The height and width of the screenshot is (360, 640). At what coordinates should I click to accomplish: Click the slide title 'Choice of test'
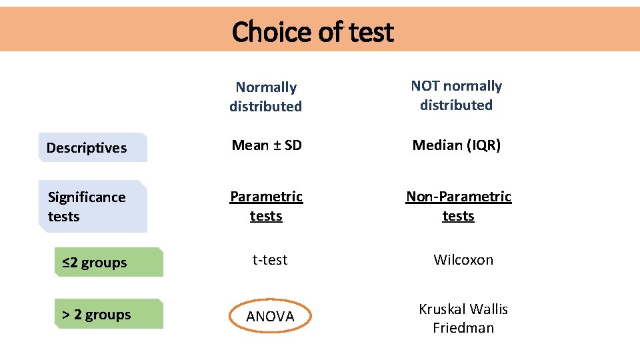313,31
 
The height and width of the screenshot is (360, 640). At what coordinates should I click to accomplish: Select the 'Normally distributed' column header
266,97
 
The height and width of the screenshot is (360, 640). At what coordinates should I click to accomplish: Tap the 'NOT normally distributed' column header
457,95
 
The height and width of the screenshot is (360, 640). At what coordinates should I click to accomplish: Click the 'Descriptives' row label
87,148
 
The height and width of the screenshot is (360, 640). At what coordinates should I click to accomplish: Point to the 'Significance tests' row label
87,207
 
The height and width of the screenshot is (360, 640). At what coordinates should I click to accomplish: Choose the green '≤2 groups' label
95,263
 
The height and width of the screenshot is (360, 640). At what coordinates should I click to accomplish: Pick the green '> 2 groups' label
97,315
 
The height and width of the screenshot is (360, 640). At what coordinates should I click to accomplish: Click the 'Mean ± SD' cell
267,145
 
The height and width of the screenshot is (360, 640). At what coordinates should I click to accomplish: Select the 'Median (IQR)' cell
457,145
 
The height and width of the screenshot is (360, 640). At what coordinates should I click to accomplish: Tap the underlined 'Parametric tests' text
266,207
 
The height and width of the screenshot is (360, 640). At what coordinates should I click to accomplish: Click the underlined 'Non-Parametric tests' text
459,207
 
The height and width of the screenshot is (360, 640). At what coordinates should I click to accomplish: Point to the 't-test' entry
270,260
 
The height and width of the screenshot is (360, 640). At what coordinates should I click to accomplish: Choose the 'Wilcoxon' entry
463,260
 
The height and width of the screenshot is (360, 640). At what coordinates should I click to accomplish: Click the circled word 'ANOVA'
270,317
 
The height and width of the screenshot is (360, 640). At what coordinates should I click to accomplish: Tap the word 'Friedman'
463,328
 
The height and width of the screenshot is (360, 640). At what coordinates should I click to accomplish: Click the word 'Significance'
87,197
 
